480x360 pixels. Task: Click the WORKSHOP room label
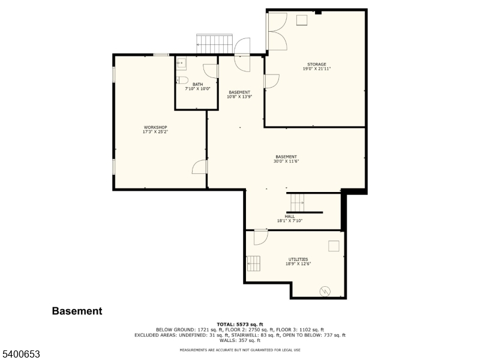coord(155,127)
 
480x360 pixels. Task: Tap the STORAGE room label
coord(317,64)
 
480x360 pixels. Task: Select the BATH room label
coord(197,84)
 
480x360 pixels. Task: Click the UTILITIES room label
coord(298,259)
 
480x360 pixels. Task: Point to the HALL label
coord(290,216)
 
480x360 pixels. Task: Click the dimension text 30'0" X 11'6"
coord(286,161)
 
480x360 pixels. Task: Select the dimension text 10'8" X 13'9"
coord(239,97)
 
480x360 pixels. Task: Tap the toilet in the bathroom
coord(184,80)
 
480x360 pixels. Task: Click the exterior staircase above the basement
coord(214,44)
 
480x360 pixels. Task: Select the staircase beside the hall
coord(298,203)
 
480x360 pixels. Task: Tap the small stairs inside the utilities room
coord(254,263)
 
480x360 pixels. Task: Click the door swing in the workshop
coord(200,167)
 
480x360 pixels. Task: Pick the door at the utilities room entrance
coord(260,237)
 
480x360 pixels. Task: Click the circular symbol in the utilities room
coord(325,291)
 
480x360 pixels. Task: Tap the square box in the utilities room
coord(334,245)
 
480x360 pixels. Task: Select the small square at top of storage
coord(301,20)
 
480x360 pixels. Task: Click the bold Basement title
coord(77,311)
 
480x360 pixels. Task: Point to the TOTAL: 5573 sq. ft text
coord(240,324)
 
